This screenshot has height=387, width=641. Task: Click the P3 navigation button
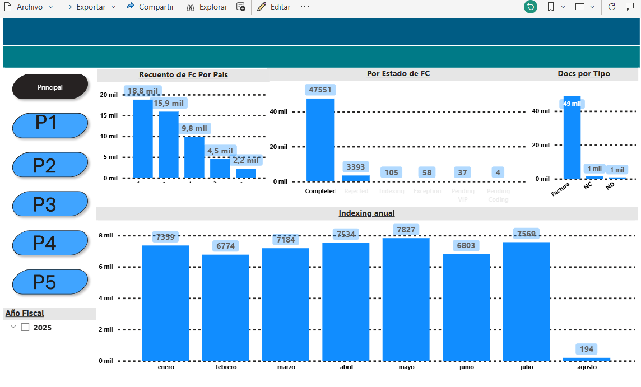tap(50, 204)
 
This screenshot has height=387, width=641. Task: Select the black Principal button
tap(50, 87)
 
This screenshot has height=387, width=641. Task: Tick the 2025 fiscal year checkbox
tap(25, 328)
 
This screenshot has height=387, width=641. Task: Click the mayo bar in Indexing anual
tap(406, 299)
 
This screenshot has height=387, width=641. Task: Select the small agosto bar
tap(586, 359)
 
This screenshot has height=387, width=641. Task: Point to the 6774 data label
tap(226, 246)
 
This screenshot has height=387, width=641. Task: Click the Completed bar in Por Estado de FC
tap(320, 140)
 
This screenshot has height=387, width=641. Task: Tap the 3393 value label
tap(356, 167)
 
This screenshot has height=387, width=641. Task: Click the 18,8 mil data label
tap(143, 91)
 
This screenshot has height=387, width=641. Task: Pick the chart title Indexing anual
tap(366, 213)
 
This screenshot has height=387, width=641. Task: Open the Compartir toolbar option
tap(150, 7)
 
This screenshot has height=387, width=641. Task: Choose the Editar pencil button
tap(274, 7)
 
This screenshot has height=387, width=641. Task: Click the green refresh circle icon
tap(530, 7)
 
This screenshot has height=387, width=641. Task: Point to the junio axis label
tap(466, 367)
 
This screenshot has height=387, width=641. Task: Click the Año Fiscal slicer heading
tap(25, 314)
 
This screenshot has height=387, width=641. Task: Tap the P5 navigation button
tap(50, 282)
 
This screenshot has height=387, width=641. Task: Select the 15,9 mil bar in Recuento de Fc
tap(169, 144)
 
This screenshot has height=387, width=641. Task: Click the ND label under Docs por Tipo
tap(610, 185)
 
